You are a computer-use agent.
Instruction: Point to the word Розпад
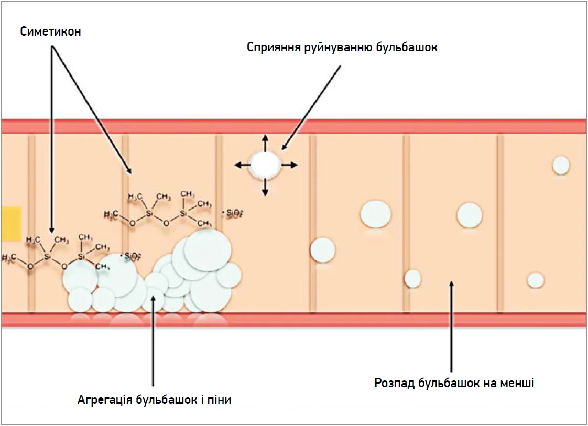395,383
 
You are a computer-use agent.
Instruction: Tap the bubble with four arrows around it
265,165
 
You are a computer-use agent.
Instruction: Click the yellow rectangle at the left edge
10,223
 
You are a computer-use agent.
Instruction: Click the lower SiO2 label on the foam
131,256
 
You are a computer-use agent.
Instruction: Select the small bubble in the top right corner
561,165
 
